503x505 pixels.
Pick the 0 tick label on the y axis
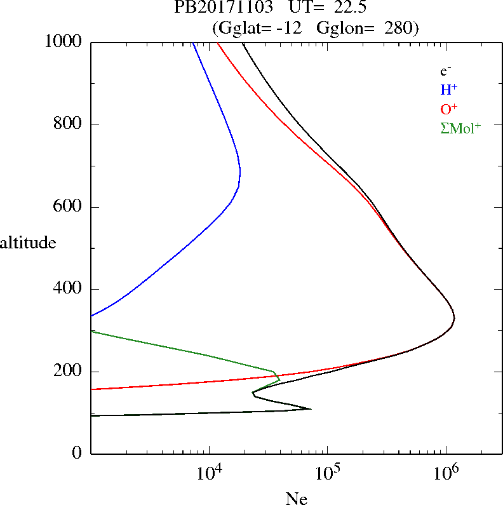(77, 454)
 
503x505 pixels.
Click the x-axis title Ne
(297, 499)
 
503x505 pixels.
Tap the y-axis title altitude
(28, 243)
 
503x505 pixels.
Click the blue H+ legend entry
(448, 90)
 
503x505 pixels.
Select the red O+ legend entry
(449, 109)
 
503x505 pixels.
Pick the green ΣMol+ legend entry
(460, 128)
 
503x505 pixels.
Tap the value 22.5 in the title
(348, 8)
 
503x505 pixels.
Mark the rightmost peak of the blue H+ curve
(240, 172)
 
